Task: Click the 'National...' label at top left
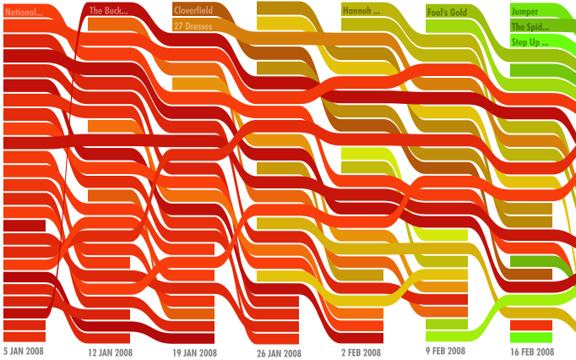coord(24,13)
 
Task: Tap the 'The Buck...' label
coord(108,11)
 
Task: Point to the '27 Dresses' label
coord(193,26)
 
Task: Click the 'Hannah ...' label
coord(361,11)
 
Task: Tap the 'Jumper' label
coord(524,11)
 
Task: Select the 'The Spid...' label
coord(530,26)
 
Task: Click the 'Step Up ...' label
coord(530,41)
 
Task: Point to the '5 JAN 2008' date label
coord(24,350)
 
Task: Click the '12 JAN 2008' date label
coord(111,352)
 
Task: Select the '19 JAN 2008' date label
coord(195,352)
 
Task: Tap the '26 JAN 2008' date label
coord(279,353)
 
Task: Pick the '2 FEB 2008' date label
coord(361,352)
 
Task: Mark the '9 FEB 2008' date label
coord(446,351)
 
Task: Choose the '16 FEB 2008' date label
coord(532,352)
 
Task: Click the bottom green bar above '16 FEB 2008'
coord(531,338)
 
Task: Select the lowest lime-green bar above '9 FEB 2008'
coord(447,325)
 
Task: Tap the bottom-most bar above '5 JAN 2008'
coord(24,337)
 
